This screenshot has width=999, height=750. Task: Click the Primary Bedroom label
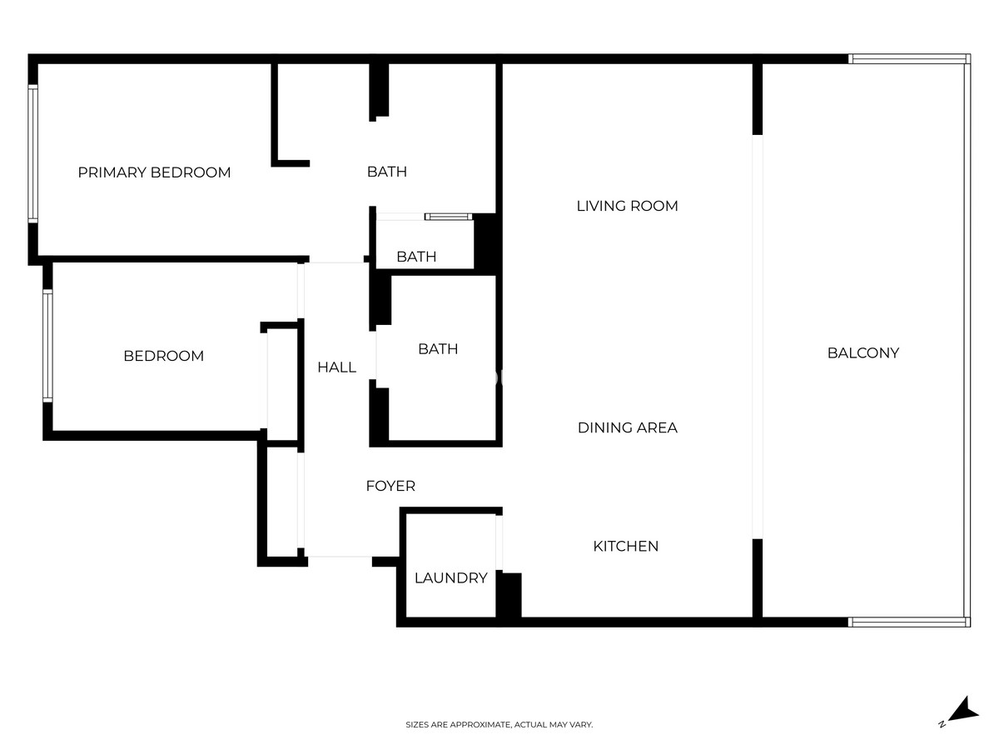[x=154, y=172]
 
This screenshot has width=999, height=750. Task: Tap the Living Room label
[x=627, y=206]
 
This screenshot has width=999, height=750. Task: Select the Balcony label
[x=862, y=352]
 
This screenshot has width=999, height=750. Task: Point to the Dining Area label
[x=627, y=427]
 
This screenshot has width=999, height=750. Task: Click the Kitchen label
[x=625, y=547]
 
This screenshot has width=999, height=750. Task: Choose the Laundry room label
[x=450, y=577]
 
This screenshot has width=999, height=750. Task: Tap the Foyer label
[x=390, y=486]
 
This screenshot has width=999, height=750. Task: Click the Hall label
[x=336, y=367]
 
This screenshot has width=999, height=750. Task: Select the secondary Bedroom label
[x=163, y=356]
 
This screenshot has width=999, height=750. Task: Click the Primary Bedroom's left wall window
[x=33, y=154]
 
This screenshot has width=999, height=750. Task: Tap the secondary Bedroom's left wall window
[x=47, y=345]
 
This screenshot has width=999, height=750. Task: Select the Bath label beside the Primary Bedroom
[x=387, y=172]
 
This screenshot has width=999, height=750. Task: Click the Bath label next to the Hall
[x=438, y=349]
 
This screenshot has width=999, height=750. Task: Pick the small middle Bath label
[x=416, y=257]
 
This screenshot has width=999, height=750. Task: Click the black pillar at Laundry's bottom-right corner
[x=509, y=595]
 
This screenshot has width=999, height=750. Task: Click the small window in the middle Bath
[x=449, y=217]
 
